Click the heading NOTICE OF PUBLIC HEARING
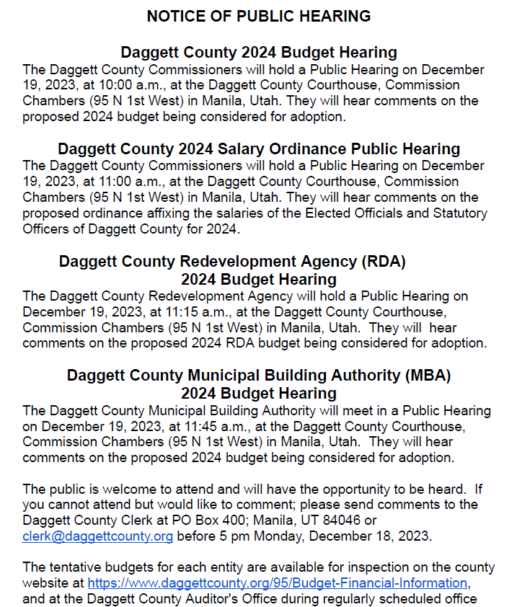[x=258, y=16]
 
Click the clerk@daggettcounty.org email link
[x=97, y=536]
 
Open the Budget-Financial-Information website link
[x=278, y=583]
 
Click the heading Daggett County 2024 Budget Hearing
[x=258, y=53]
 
